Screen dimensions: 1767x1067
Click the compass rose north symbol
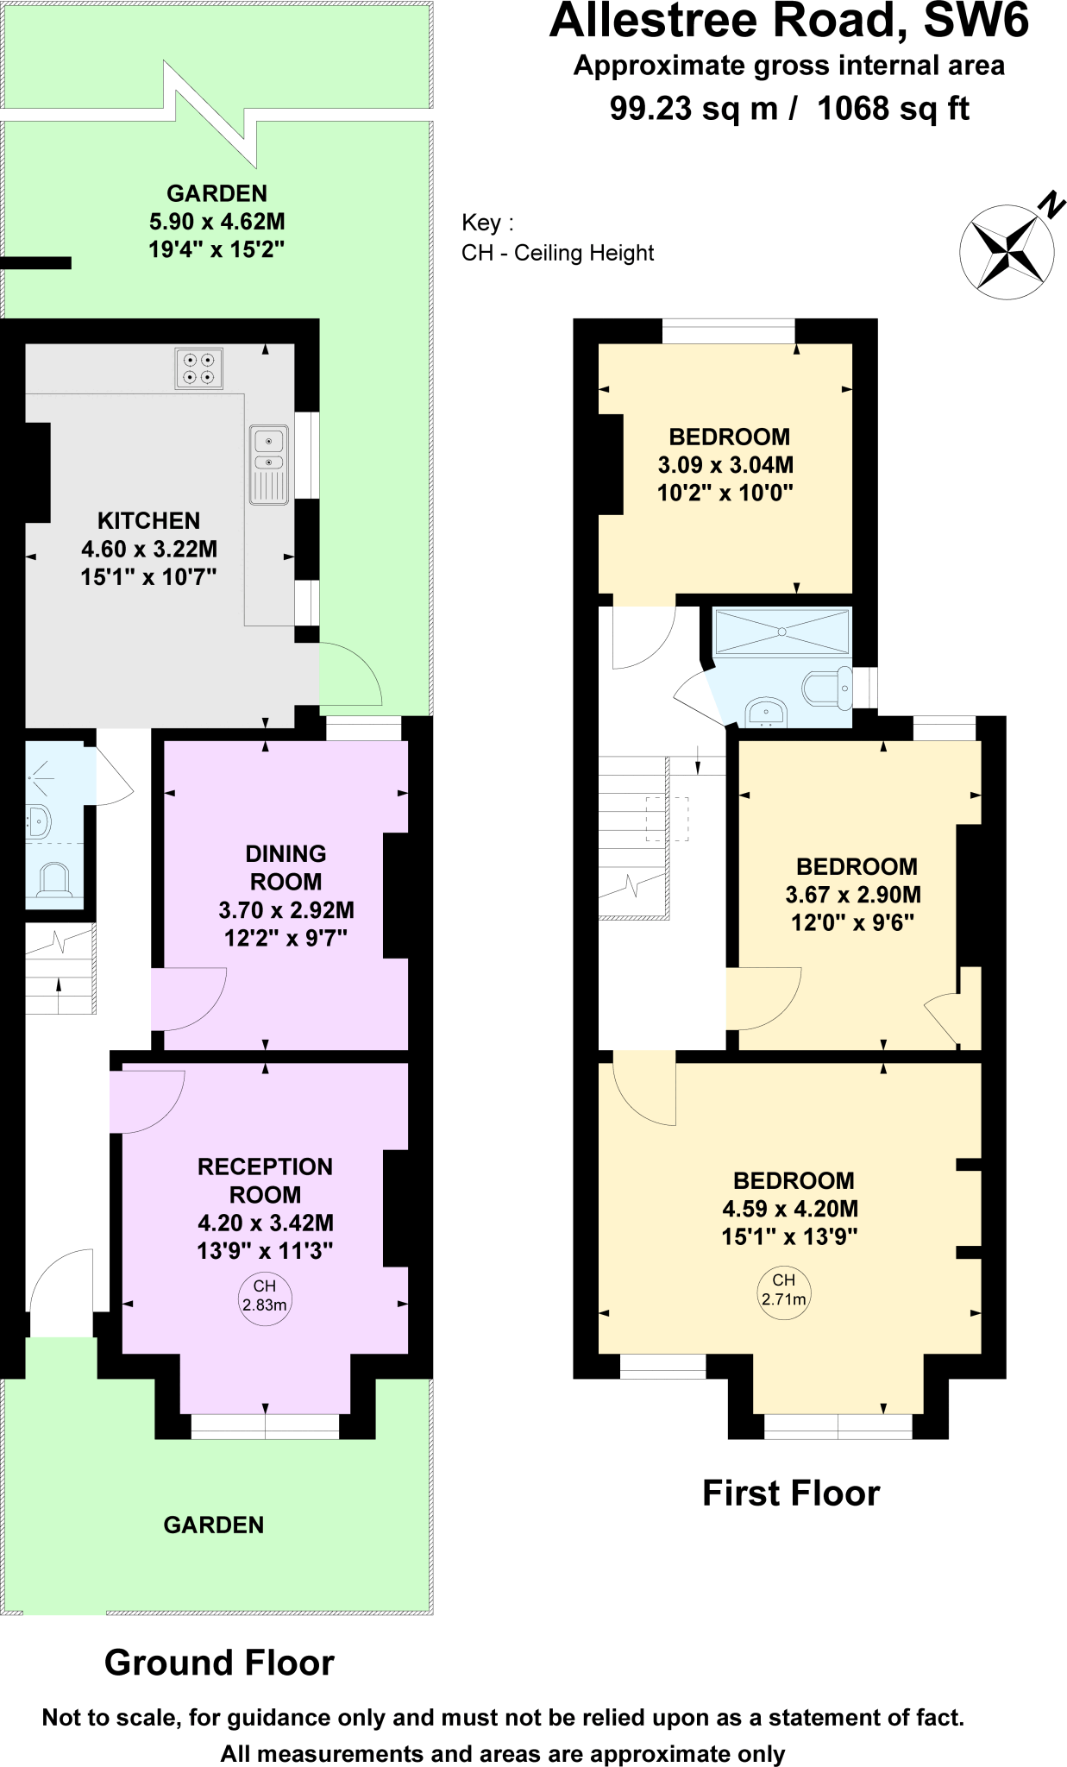pos(1007,251)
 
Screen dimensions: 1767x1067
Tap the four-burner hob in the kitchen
pos(198,368)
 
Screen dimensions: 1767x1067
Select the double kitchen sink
pos(269,464)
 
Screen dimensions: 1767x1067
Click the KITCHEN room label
pos(148,521)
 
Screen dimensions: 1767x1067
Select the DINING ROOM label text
pos(286,867)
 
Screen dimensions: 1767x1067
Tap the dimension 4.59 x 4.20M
pos(790,1209)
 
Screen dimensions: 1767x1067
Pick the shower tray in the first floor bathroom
pos(781,632)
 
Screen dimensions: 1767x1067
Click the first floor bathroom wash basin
pos(765,712)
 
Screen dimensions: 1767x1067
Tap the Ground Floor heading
pos(219,1663)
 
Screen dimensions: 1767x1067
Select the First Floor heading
pos(791,1493)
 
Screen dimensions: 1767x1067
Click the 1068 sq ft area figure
pos(893,109)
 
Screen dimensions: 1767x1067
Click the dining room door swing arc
pos(190,998)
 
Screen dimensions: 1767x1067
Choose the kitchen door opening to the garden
pos(349,674)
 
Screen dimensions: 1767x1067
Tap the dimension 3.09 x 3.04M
pos(725,465)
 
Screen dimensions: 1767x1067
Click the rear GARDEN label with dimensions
pos(217,221)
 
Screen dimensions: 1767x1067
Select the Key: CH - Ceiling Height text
pos(557,238)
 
